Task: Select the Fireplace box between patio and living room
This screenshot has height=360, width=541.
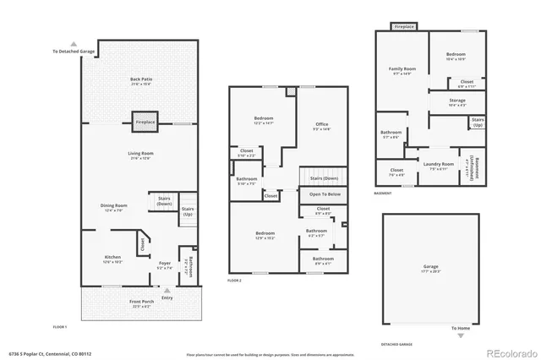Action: tap(145, 122)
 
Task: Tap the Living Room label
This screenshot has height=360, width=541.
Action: tap(140, 154)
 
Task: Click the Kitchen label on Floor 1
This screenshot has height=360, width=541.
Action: tap(112, 257)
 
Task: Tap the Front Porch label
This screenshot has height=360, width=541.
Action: tap(140, 302)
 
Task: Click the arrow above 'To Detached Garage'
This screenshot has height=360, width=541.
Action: tap(74, 44)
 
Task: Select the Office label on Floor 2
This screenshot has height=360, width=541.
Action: tap(321, 126)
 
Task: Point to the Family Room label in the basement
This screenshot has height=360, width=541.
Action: tap(402, 69)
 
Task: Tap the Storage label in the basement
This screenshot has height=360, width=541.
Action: tap(457, 101)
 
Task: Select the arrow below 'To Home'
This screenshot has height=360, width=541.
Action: tap(461, 335)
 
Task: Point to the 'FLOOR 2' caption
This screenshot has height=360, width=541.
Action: tap(235, 280)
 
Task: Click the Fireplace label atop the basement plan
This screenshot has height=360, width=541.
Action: tap(405, 27)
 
